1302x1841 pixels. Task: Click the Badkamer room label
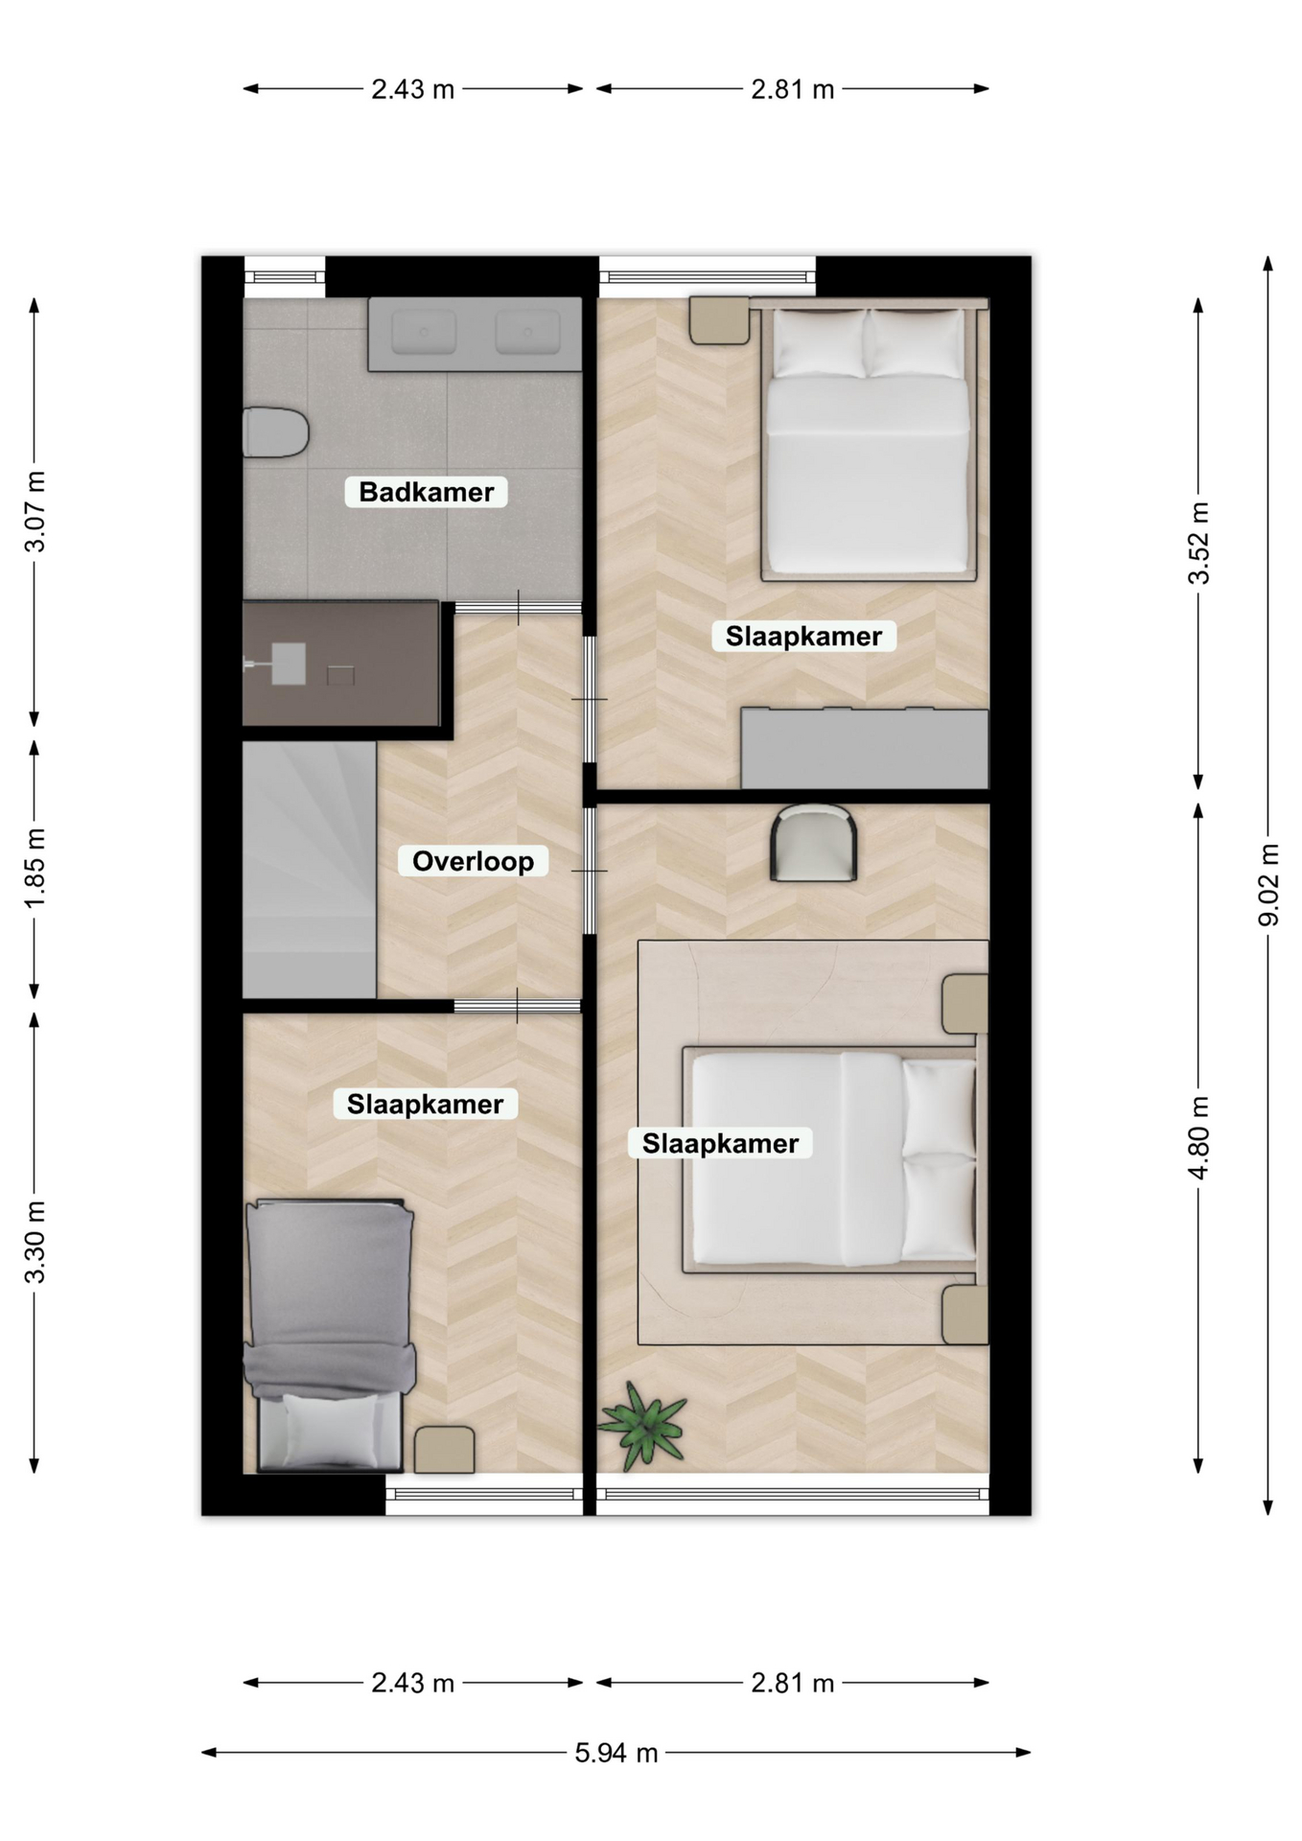[x=426, y=492]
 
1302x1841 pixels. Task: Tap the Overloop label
[x=473, y=861]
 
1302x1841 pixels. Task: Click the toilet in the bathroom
[x=275, y=432]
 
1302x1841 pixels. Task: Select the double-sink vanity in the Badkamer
[x=475, y=334]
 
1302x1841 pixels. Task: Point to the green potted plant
[x=643, y=1424]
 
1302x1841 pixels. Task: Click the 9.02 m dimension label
[x=1267, y=885]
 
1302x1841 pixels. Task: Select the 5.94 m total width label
[x=616, y=1753]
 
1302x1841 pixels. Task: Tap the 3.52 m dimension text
[x=1198, y=543]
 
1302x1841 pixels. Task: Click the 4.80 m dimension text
[x=1198, y=1138]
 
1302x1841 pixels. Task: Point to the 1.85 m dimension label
[x=35, y=869]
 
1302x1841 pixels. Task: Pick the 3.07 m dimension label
[x=35, y=512]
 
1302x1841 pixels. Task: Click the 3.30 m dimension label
[x=35, y=1242]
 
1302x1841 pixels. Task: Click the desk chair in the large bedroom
[x=814, y=843]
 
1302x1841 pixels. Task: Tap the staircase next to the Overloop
[x=309, y=869]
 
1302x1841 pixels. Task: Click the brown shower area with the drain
[x=340, y=664]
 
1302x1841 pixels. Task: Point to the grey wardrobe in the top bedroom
[x=865, y=748]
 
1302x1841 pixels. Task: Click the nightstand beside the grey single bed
[x=444, y=1450]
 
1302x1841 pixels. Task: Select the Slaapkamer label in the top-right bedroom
[x=803, y=637]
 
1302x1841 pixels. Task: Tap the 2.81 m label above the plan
[x=793, y=89]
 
